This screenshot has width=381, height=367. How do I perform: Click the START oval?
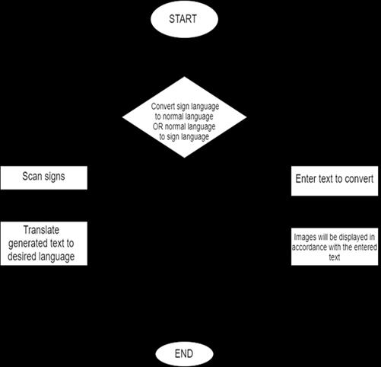coord(184,19)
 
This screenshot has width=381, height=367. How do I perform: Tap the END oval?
coord(184,353)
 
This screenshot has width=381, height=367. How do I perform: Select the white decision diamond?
coord(184,117)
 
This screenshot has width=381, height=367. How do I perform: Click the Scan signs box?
coord(44,177)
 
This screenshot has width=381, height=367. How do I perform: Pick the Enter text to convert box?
coord(335,180)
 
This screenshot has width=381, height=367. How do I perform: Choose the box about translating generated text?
coord(44,244)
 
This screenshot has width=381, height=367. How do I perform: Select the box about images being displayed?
coord(335,247)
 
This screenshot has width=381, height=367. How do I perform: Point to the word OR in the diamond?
coord(157,126)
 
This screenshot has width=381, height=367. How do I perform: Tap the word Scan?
coord(32,176)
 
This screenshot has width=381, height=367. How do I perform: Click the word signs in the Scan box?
coord(55,177)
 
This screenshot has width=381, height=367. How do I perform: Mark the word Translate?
coord(41,230)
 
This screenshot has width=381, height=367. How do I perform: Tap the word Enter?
coord(306,179)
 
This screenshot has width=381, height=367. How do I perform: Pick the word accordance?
coord(310,247)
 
